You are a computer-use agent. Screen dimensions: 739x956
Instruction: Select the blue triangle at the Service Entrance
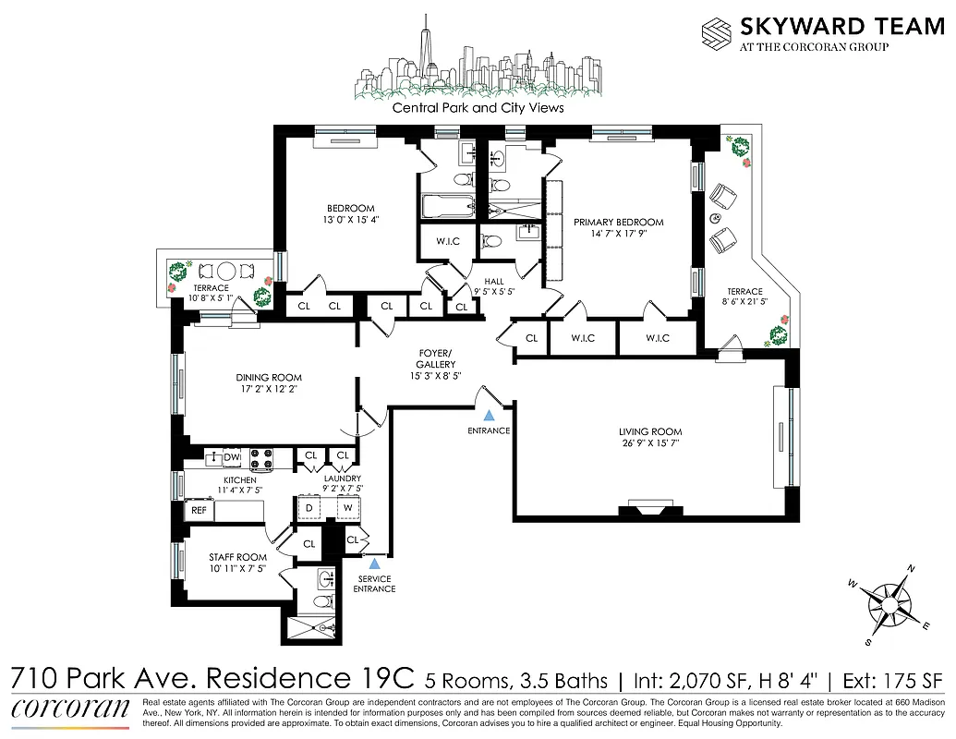[x=373, y=562]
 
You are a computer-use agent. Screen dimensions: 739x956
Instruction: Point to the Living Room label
[x=650, y=431]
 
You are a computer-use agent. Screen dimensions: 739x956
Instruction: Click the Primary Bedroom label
[x=618, y=222]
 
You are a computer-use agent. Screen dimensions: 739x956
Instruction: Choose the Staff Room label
[x=237, y=557]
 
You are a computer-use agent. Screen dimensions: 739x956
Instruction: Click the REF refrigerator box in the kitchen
[x=199, y=509]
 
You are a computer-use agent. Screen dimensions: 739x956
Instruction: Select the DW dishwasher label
[x=231, y=456]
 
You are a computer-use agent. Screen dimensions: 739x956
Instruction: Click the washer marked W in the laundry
[x=348, y=508]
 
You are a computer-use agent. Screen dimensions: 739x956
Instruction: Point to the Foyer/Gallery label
[x=434, y=358]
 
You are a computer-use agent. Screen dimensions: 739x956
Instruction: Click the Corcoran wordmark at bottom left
[x=70, y=709]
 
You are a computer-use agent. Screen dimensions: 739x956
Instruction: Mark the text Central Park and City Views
[x=478, y=107]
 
